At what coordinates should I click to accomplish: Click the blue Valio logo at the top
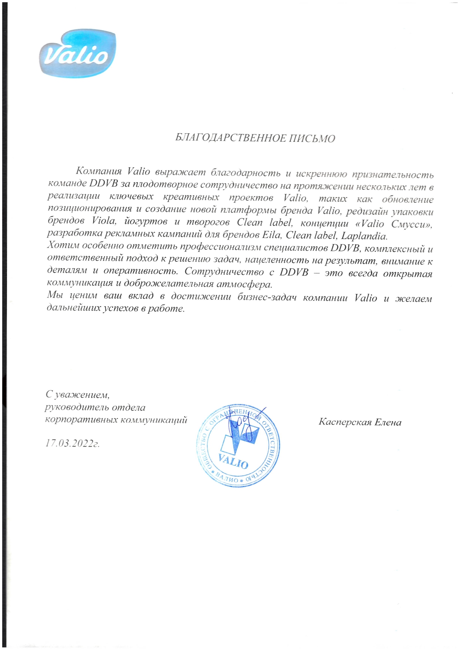tap(77, 56)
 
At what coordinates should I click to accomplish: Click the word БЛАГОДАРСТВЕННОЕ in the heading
tap(229, 138)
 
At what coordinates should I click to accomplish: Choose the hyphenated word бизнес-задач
tap(267, 297)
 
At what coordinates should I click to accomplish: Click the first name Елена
tap(388, 422)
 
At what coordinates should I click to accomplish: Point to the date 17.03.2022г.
tap(73, 443)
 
